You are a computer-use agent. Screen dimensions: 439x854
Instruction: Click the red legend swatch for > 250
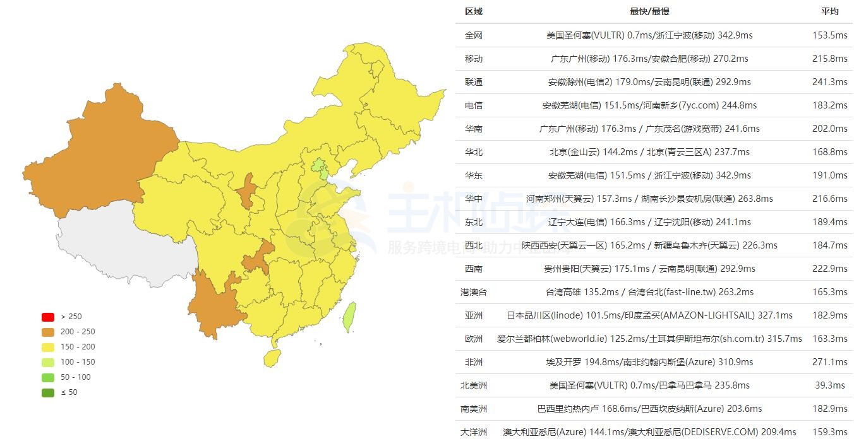pyautogui.click(x=48, y=317)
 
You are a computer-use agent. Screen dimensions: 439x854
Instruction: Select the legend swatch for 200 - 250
pyautogui.click(x=48, y=332)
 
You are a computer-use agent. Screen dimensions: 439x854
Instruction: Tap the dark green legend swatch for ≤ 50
pyautogui.click(x=48, y=392)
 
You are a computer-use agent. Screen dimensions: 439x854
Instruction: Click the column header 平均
pyautogui.click(x=829, y=11)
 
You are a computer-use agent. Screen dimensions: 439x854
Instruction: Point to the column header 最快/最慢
pyautogui.click(x=649, y=11)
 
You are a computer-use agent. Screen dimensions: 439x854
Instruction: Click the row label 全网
pyautogui.click(x=474, y=35)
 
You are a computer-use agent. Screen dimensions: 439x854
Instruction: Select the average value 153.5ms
pyautogui.click(x=829, y=35)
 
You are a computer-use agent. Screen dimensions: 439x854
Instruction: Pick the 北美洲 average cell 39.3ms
pyautogui.click(x=829, y=385)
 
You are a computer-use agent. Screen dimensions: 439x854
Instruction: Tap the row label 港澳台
pyautogui.click(x=474, y=292)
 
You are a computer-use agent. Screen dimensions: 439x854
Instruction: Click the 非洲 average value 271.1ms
pyautogui.click(x=829, y=362)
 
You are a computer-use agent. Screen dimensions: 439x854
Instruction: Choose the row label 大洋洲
pyautogui.click(x=474, y=432)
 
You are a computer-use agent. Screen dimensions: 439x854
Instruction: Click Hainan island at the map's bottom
pyautogui.click(x=272, y=358)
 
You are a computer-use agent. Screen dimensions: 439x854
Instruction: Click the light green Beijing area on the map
pyautogui.click(x=320, y=168)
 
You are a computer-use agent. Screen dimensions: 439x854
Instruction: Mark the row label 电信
pyautogui.click(x=474, y=105)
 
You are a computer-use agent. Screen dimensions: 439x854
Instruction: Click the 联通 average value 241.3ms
pyautogui.click(x=829, y=82)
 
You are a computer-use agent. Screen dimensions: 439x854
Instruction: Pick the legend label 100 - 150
pyautogui.click(x=78, y=362)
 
